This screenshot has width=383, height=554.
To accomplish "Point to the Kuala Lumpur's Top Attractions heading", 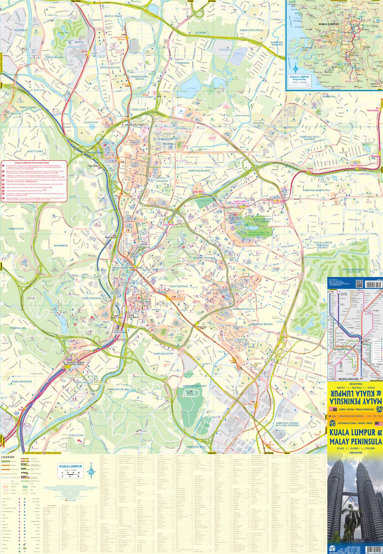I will tap(33, 162).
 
